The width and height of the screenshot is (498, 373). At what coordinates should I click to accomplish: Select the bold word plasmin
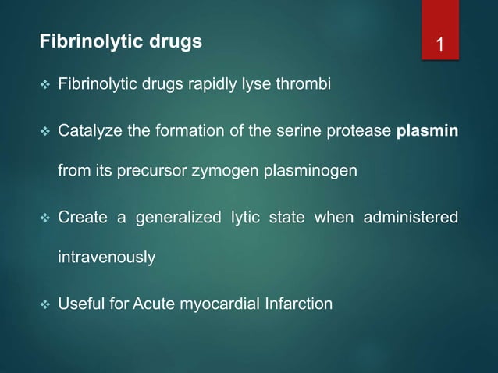coord(427,130)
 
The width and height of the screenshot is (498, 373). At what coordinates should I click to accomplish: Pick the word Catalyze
coord(90,130)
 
